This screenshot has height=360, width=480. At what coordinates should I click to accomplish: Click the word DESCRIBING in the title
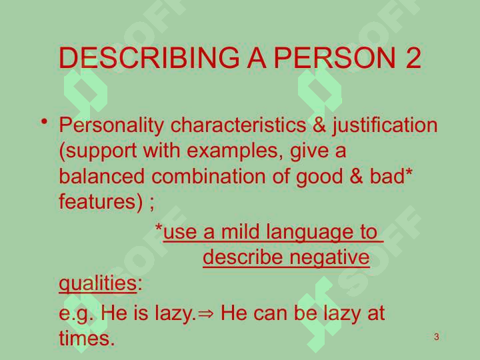point(149,58)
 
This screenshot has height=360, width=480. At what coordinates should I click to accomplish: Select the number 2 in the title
point(413,57)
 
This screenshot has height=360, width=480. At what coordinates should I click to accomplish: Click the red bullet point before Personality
point(45,121)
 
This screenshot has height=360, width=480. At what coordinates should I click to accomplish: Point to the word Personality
point(111,125)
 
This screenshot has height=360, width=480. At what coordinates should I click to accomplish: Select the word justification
point(385,125)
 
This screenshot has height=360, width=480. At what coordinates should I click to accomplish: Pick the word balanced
point(101,176)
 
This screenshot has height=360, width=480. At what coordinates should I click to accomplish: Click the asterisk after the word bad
point(409,172)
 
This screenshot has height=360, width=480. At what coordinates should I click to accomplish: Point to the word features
point(97,201)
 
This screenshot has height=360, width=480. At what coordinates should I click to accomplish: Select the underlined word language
point(309,233)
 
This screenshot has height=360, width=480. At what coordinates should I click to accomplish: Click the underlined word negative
point(330,258)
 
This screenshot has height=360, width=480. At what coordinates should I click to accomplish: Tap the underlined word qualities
point(97,283)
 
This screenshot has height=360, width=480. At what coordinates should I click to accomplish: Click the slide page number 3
point(437,337)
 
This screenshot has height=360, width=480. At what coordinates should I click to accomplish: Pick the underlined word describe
point(243,257)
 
